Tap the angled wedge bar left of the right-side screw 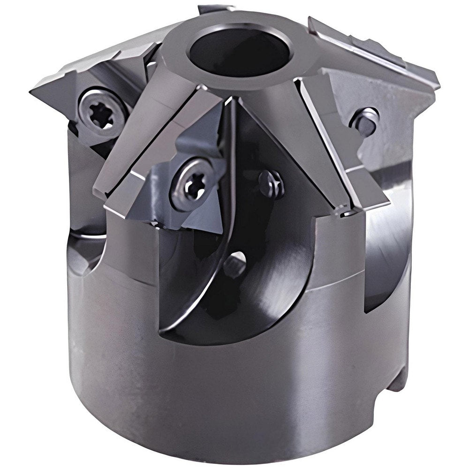pyautogui.click(x=324, y=141)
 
